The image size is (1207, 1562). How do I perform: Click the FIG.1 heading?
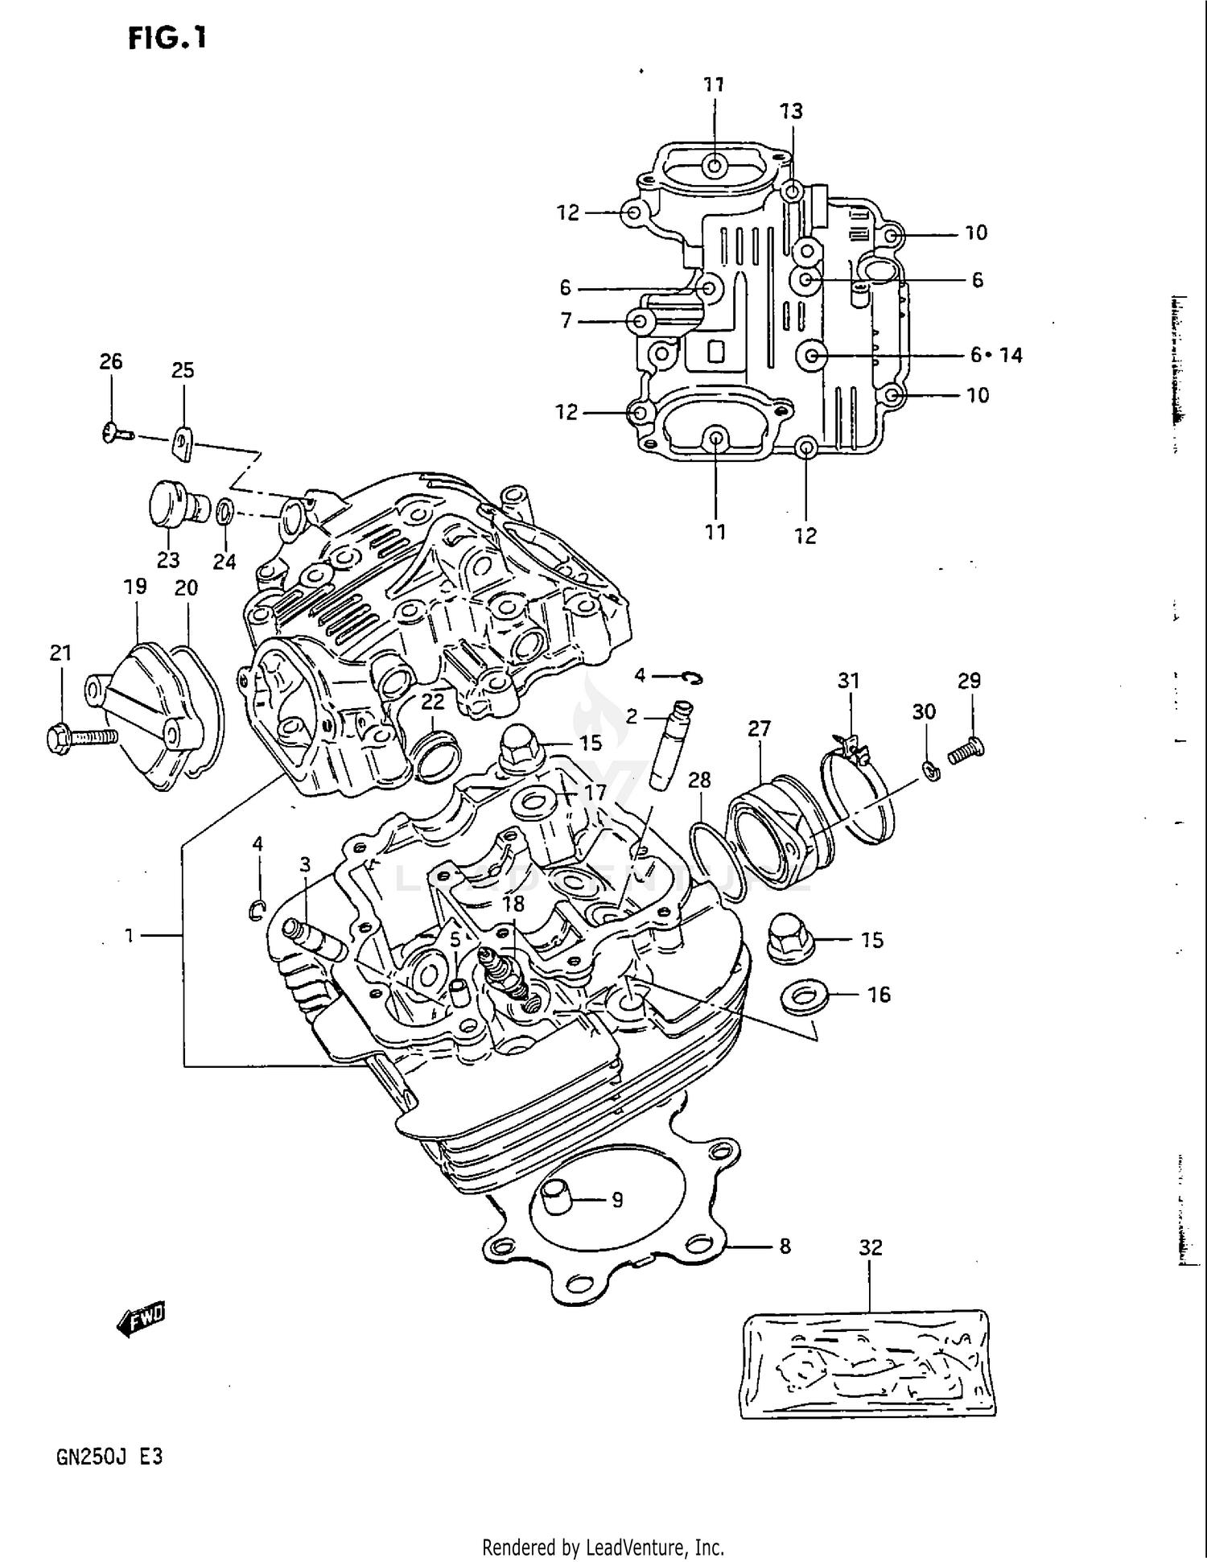[x=167, y=37]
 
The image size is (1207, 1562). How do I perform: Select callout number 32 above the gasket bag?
[x=871, y=1247]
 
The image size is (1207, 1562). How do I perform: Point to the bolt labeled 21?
[x=80, y=736]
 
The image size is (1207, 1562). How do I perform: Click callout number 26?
[x=111, y=362]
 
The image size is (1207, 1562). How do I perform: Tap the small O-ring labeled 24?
[x=227, y=510]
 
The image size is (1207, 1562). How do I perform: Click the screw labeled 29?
[x=966, y=750]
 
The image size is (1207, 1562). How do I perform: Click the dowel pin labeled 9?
[x=555, y=1199]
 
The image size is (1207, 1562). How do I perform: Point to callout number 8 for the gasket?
[x=785, y=1247]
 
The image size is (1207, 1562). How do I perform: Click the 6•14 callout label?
[x=996, y=355]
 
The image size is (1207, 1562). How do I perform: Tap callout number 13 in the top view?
[x=791, y=111]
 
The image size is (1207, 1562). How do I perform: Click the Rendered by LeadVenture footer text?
[x=603, y=1546]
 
